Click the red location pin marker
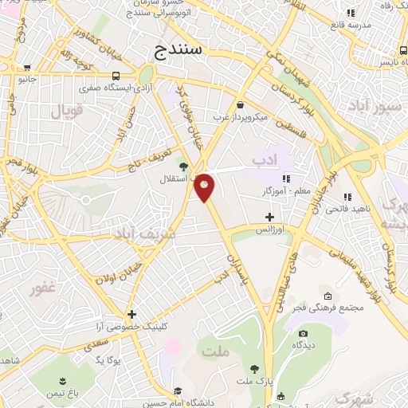coord(205,186)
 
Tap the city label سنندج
coord(179,51)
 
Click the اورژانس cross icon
coord(269,216)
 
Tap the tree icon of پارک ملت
coord(254,369)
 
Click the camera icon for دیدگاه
coord(303,334)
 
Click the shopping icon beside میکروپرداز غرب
coord(241,104)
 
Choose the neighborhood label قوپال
coord(68,111)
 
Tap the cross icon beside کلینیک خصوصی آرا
coord(131,314)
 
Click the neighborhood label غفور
coord(37,288)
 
